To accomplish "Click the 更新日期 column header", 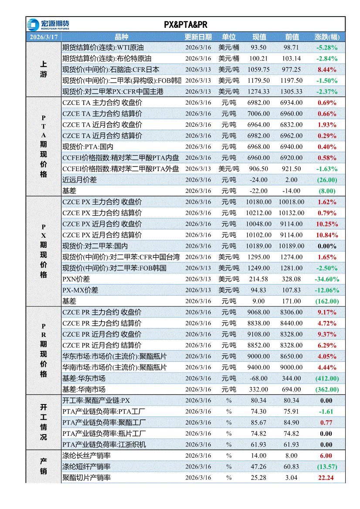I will tap(198, 37).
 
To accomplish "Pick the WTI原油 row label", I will tap(103, 47).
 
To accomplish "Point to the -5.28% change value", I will tap(327, 47).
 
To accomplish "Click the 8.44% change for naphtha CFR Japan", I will tap(327, 69).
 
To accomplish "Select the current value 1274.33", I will tap(258, 91).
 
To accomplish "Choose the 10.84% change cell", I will tap(326, 235).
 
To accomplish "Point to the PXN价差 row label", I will tap(76, 279).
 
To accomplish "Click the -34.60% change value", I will tap(327, 279).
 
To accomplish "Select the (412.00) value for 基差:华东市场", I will tap(327, 378).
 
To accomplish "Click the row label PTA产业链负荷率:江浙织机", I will tap(104, 445).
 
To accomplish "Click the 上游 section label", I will tap(44, 69).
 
